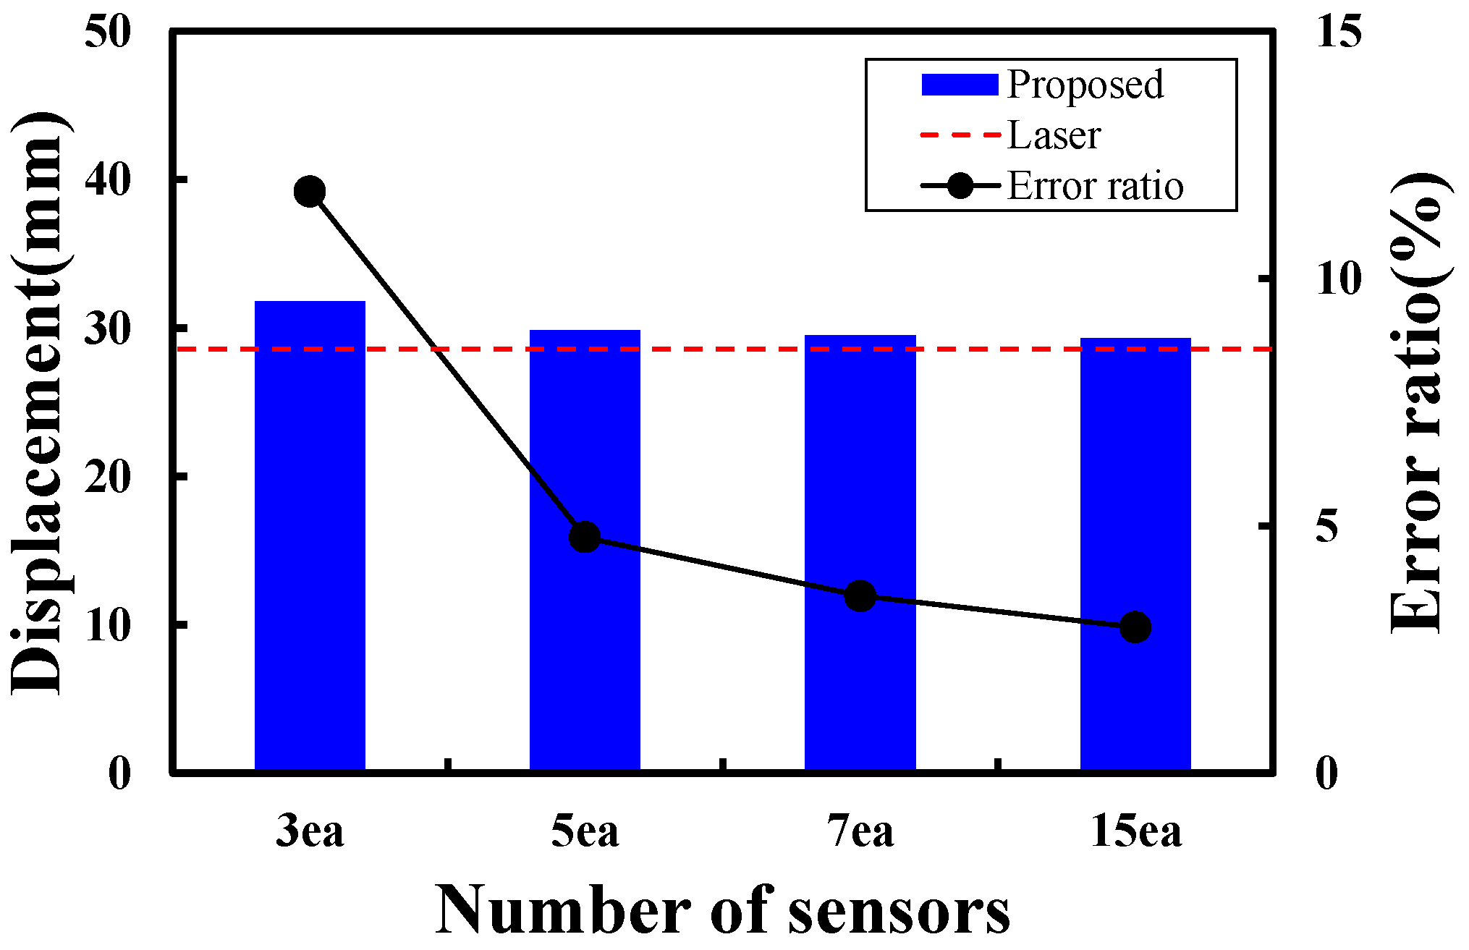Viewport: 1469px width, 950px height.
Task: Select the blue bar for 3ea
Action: click(310, 535)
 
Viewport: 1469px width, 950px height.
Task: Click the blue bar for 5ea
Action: click(585, 651)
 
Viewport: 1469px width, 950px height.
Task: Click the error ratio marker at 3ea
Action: click(310, 192)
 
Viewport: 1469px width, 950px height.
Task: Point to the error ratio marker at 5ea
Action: click(585, 537)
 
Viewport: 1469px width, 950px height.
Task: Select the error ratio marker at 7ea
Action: click(860, 596)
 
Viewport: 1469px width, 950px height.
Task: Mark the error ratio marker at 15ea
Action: click(1135, 627)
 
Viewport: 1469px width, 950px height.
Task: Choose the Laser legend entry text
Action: click(1054, 136)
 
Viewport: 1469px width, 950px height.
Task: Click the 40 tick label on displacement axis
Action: click(108, 179)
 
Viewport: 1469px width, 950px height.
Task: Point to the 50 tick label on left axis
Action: click(108, 32)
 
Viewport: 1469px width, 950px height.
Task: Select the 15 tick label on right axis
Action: click(1339, 32)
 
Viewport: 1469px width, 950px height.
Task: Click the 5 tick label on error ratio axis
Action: click(1327, 527)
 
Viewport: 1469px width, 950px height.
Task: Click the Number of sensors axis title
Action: click(722, 910)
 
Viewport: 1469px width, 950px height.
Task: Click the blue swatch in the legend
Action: click(960, 85)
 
